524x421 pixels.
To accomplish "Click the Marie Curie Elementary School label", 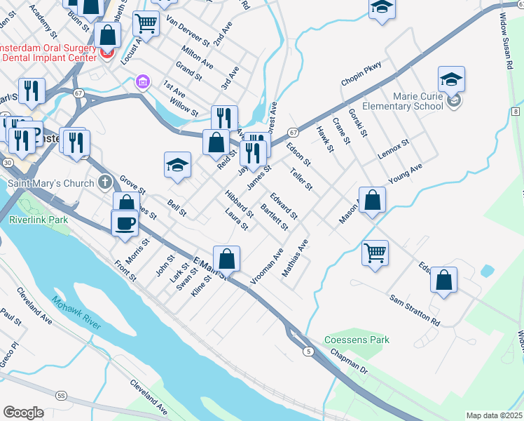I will click(x=404, y=101).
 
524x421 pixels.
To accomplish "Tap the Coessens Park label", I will click(x=357, y=340).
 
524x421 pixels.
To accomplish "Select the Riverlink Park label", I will click(x=39, y=220).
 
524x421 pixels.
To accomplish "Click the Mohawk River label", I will click(x=76, y=313).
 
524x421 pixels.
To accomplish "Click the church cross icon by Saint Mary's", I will click(x=105, y=184).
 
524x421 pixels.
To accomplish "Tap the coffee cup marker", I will click(x=125, y=222).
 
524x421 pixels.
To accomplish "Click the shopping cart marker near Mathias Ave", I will click(x=375, y=252).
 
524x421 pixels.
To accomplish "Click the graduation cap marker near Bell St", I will click(x=178, y=166).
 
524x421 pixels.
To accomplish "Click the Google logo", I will click(x=23, y=413).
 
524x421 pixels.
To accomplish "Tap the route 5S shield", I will click(x=61, y=396).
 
